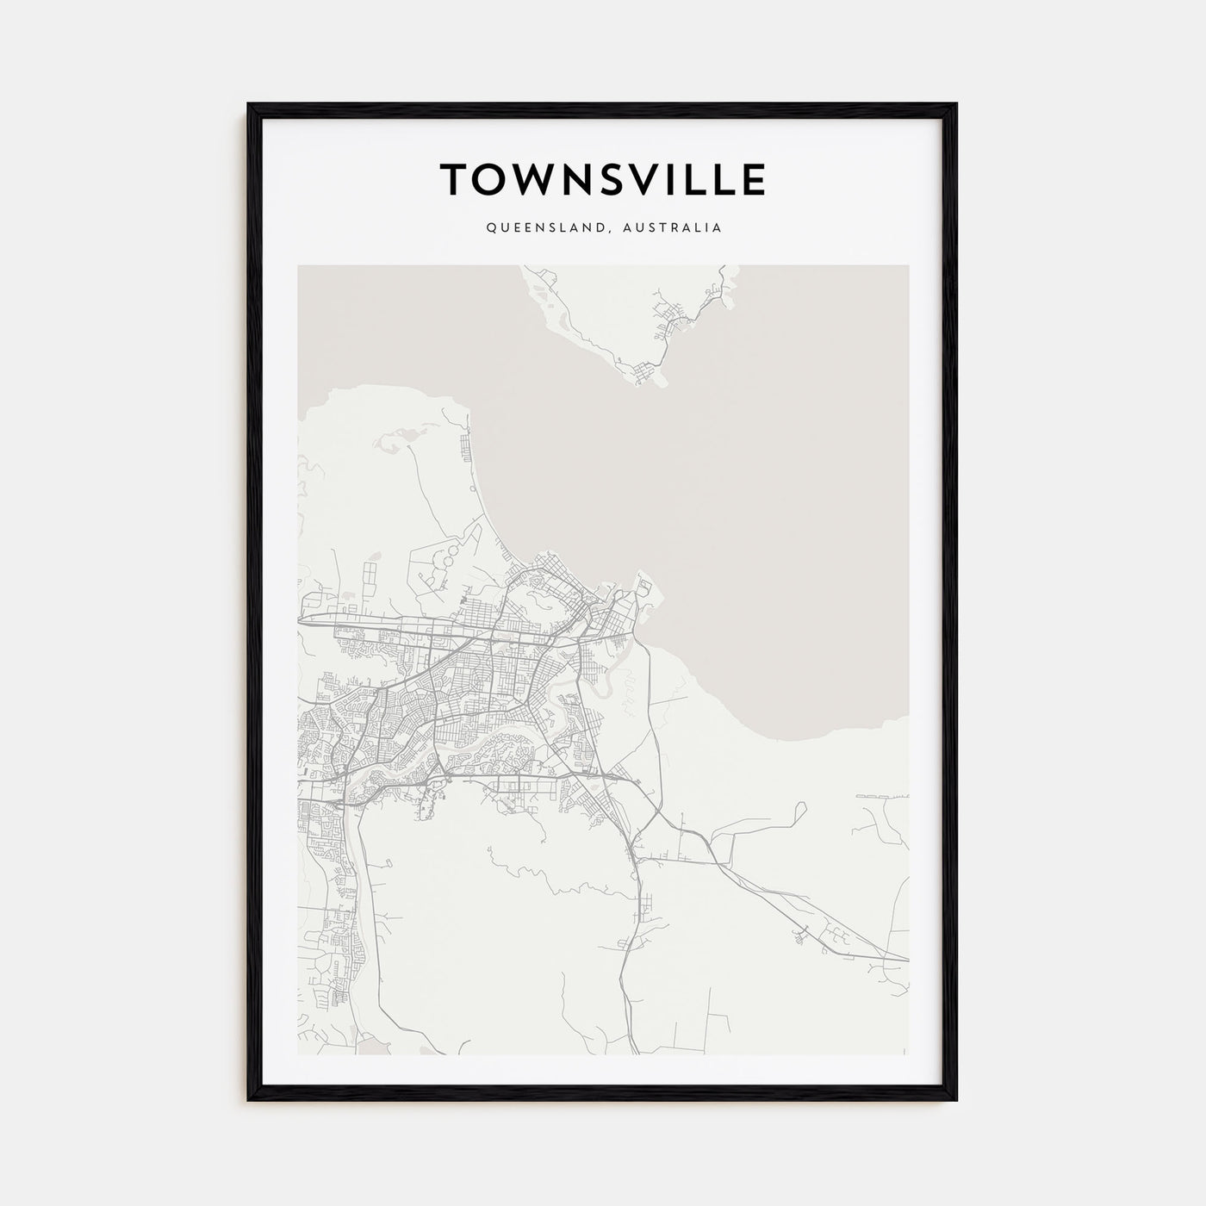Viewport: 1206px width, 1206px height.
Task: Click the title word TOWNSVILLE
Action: [x=603, y=180]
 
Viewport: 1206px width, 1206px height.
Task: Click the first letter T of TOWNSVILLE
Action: [x=455, y=180]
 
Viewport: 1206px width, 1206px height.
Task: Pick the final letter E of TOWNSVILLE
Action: [x=752, y=180]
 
